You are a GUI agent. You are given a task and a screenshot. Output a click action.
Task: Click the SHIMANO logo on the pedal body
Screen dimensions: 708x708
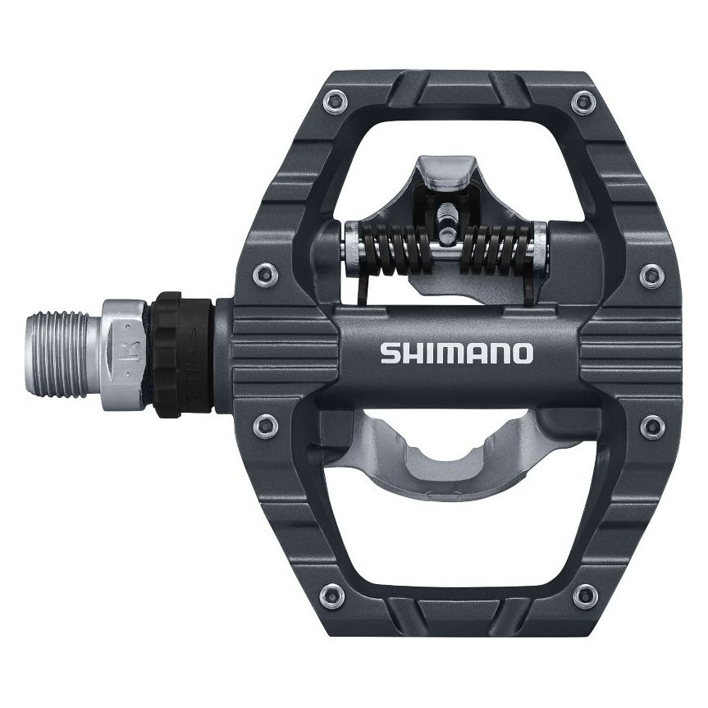pos(456,354)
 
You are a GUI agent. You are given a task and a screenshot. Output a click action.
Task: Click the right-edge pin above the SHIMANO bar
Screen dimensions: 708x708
pos(651,271)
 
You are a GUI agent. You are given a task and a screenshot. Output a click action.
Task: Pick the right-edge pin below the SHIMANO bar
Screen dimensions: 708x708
pos(651,423)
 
